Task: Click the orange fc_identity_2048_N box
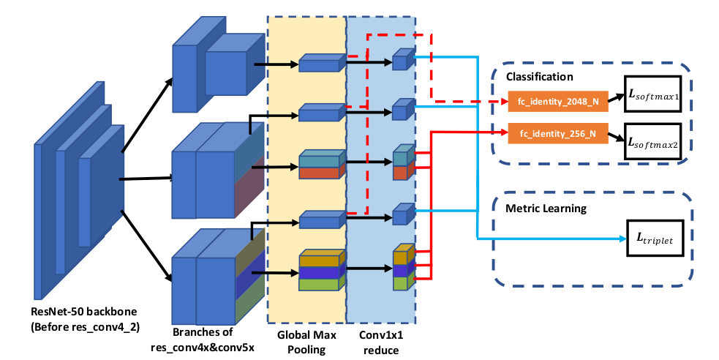(x=558, y=102)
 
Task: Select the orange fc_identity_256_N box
(x=558, y=133)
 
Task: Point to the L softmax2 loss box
(x=652, y=142)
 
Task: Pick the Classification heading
(x=539, y=76)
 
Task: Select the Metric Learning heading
(x=546, y=208)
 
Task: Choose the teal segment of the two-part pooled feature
(x=320, y=160)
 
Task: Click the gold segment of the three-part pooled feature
(x=320, y=260)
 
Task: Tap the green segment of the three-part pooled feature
(x=320, y=283)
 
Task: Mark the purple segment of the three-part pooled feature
(x=320, y=271)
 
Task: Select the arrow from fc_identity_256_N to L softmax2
(x=617, y=137)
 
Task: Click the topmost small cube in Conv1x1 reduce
(x=400, y=61)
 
